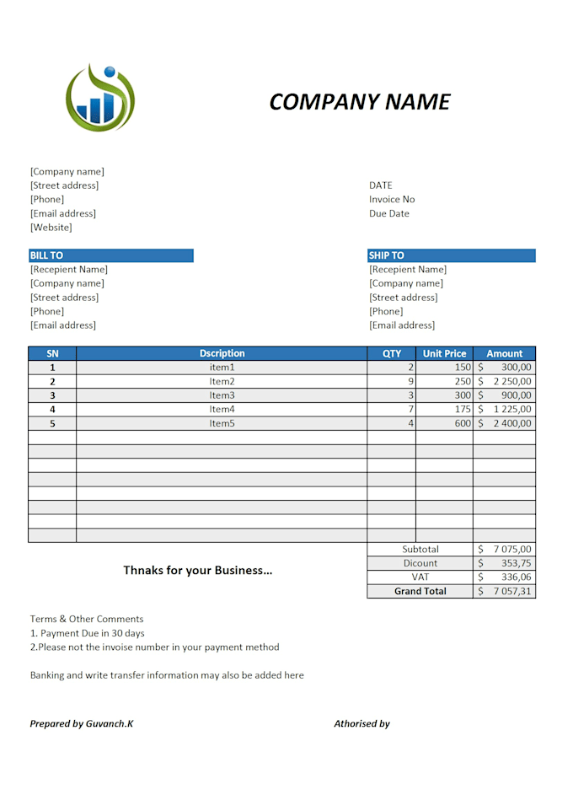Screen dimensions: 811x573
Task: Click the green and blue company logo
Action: pyautogui.click(x=100, y=98)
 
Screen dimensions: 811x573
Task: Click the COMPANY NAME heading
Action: pyautogui.click(x=360, y=102)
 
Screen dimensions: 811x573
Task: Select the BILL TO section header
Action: pyautogui.click(x=110, y=255)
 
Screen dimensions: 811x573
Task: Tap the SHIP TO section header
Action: pyautogui.click(x=451, y=255)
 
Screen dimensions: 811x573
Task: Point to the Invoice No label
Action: pyautogui.click(x=392, y=200)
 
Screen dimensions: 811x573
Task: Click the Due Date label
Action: pyautogui.click(x=389, y=214)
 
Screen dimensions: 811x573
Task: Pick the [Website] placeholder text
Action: pyautogui.click(x=51, y=228)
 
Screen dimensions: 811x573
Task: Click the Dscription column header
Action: pyautogui.click(x=222, y=354)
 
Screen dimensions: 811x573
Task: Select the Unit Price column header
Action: pyautogui.click(x=444, y=354)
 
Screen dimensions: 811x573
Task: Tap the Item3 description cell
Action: pyautogui.click(x=222, y=395)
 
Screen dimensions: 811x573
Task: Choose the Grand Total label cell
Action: pyautogui.click(x=420, y=592)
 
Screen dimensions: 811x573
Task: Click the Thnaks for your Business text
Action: pyautogui.click(x=198, y=571)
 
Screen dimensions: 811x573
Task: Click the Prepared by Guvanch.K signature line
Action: pyautogui.click(x=82, y=723)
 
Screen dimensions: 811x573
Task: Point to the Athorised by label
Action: pyautogui.click(x=361, y=723)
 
